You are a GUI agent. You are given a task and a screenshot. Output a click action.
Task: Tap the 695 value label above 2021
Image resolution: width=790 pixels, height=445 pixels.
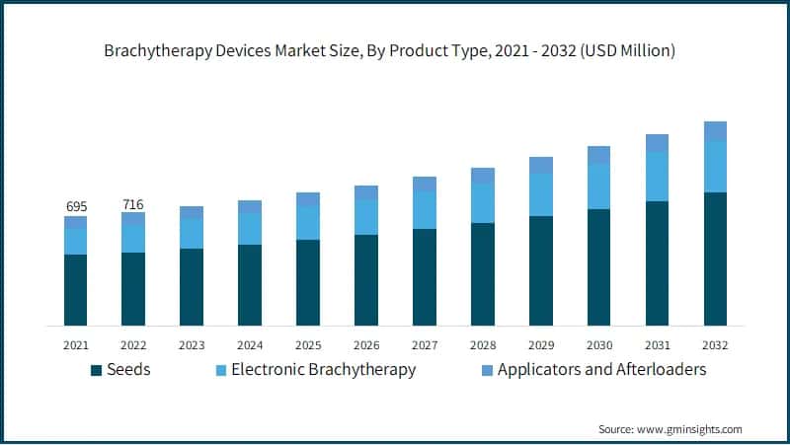(76, 206)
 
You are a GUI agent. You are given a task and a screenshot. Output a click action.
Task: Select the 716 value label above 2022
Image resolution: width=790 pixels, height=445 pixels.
(133, 204)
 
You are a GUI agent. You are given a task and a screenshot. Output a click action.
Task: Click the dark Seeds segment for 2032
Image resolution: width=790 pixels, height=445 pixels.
(715, 259)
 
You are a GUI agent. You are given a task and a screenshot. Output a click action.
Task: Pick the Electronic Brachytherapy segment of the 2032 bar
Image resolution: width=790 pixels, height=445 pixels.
(715, 167)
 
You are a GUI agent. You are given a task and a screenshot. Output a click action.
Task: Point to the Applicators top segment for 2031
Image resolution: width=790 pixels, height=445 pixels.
(657, 143)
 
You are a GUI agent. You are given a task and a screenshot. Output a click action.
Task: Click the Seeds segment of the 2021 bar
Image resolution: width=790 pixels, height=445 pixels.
(76, 290)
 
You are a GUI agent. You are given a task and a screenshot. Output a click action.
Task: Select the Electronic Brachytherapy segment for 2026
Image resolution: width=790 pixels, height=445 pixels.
(366, 217)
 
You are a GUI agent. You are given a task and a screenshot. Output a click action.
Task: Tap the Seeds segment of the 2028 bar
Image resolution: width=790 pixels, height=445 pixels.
(483, 274)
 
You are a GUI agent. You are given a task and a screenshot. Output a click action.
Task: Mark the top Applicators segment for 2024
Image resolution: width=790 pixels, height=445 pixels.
(250, 206)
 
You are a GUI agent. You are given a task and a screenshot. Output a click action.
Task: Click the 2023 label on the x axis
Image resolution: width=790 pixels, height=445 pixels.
(192, 345)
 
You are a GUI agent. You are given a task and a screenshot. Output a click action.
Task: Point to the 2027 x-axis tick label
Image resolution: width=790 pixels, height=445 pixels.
(425, 345)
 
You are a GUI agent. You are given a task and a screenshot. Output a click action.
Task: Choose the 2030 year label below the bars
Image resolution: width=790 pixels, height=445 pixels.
(598, 345)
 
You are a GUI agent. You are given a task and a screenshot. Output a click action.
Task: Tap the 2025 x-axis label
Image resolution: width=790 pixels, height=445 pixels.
(308, 345)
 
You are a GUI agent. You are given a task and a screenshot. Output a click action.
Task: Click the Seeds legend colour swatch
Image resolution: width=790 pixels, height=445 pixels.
(96, 371)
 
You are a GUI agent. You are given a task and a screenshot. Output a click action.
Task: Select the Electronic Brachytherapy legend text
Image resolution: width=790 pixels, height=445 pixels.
(323, 370)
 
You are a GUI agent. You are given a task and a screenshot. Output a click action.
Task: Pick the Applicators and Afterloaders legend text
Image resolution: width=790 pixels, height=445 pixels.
(601, 370)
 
